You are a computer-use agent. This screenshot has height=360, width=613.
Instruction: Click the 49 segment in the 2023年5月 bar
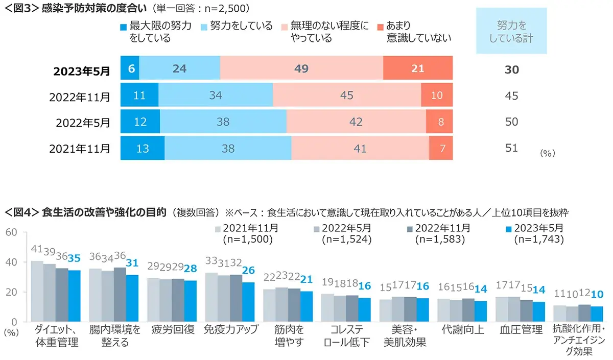pyautogui.click(x=301, y=68)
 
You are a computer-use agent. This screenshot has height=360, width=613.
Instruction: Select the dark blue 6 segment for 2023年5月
pyautogui.click(x=130, y=68)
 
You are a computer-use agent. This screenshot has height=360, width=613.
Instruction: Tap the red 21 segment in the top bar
pyautogui.click(x=418, y=68)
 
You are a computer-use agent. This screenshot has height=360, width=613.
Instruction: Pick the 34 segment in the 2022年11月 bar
pyautogui.click(x=215, y=95)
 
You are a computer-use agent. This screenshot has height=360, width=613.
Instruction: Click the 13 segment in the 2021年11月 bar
pyautogui.click(x=143, y=148)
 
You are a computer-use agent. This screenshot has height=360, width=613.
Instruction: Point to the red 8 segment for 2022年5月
pyautogui.click(x=439, y=122)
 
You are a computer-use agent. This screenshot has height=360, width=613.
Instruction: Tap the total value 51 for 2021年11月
pyautogui.click(x=511, y=148)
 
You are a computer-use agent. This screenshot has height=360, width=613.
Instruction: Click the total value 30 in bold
pyautogui.click(x=511, y=69)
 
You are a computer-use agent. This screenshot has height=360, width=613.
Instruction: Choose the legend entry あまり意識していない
pyautogui.click(x=413, y=32)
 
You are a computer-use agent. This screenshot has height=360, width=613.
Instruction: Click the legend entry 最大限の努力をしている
pyautogui.click(x=155, y=32)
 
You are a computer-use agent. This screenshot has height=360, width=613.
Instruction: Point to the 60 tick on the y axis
pyautogui.click(x=12, y=233)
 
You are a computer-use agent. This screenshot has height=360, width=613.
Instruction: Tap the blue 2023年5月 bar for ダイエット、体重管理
pyautogui.click(x=75, y=296)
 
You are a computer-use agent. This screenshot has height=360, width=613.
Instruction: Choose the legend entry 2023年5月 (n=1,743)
pyautogui.click(x=536, y=233)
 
